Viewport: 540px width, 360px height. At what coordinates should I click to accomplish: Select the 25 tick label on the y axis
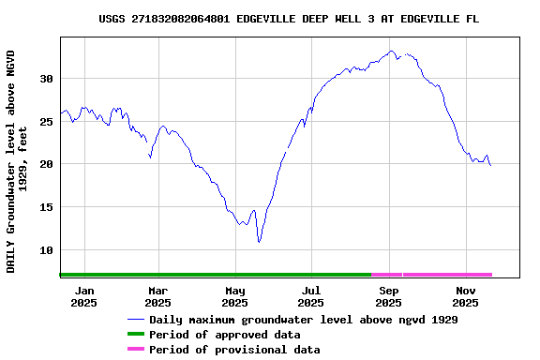point(46,122)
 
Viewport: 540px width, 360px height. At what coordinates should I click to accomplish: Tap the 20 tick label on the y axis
point(46,164)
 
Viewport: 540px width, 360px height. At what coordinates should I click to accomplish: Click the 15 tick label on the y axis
point(46,207)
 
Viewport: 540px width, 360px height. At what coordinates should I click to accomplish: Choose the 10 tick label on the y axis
point(46,250)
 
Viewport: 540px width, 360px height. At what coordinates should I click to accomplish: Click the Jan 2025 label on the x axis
point(83,296)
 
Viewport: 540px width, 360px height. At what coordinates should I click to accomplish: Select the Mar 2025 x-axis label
point(157,296)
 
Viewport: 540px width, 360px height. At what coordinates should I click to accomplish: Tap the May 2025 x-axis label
point(234,296)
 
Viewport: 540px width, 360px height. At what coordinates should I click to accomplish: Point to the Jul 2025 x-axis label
point(310,296)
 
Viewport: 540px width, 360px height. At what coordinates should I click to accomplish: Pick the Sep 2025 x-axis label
point(388,296)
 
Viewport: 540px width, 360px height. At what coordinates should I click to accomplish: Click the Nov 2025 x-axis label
point(465,296)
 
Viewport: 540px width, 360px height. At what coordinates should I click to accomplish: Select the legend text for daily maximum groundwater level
point(303,320)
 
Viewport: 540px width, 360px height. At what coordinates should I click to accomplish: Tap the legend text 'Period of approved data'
point(224,335)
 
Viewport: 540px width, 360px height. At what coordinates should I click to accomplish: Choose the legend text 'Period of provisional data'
point(234,350)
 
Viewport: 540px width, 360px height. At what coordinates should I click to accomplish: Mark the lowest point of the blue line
point(259,242)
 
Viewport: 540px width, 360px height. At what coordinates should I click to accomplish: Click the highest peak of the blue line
point(391,51)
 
